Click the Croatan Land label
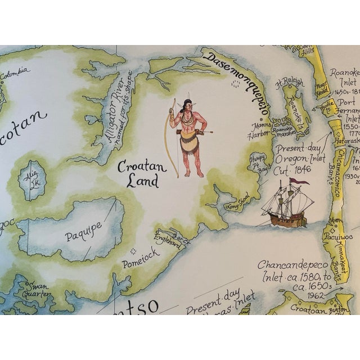click(x=137, y=174)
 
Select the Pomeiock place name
click(x=141, y=256)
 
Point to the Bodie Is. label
click(x=328, y=106)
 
